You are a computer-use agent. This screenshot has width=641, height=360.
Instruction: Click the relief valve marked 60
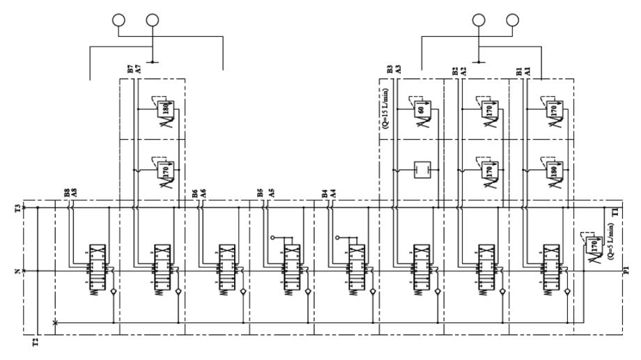(x=422, y=109)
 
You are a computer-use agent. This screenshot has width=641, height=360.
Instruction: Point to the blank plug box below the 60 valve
(x=422, y=169)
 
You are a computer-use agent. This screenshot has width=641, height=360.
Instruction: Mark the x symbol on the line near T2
(x=55, y=322)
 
